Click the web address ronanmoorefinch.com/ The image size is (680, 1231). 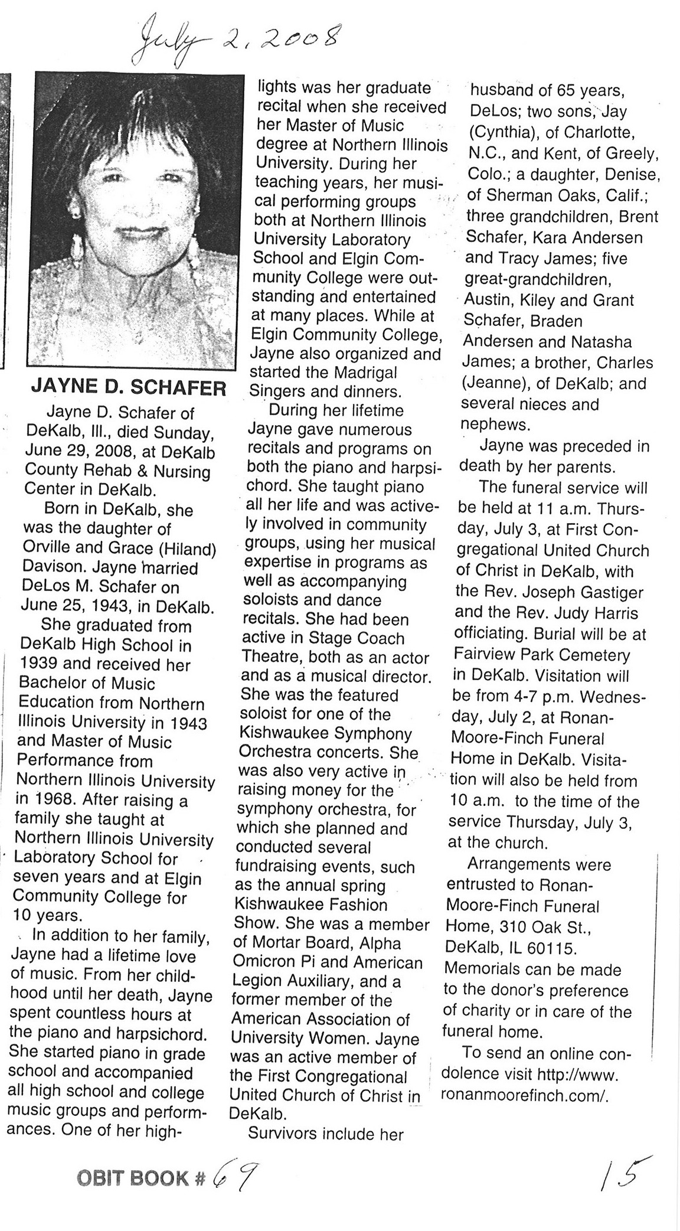[x=524, y=1077]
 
